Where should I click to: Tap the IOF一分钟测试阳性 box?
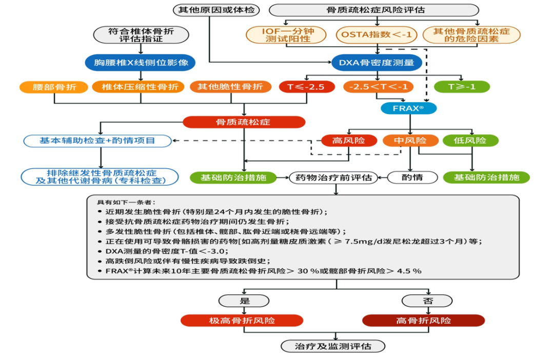point(286,34)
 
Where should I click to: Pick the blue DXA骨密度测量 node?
point(377,63)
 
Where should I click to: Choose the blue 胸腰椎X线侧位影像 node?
point(141,63)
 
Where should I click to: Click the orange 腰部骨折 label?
point(54,87)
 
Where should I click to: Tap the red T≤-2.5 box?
point(306,87)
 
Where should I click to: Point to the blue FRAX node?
point(408,108)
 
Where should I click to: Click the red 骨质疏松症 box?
point(244,122)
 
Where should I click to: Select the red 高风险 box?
point(349,140)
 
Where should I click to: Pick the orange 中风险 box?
point(410,140)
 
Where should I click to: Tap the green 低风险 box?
point(470,140)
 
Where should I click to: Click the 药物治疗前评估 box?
point(331,177)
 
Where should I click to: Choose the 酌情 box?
point(412,177)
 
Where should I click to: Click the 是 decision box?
point(244,301)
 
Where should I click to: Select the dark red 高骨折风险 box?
point(423,321)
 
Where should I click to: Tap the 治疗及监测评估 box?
point(333,346)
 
